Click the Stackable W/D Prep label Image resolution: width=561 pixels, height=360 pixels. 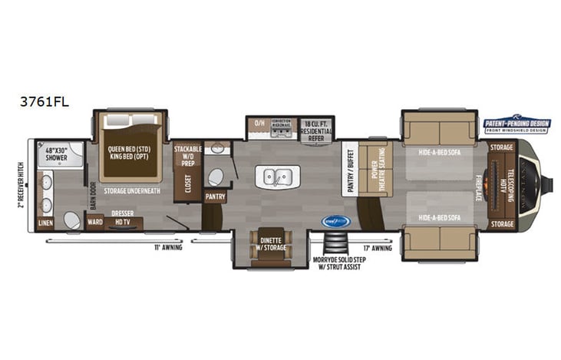pyautogui.click(x=188, y=155)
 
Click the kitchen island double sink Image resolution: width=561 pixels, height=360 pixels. pyautogui.click(x=278, y=177)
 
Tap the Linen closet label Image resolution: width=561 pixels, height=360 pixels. pyautogui.click(x=45, y=223)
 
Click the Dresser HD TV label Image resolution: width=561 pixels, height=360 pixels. pyautogui.click(x=122, y=217)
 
